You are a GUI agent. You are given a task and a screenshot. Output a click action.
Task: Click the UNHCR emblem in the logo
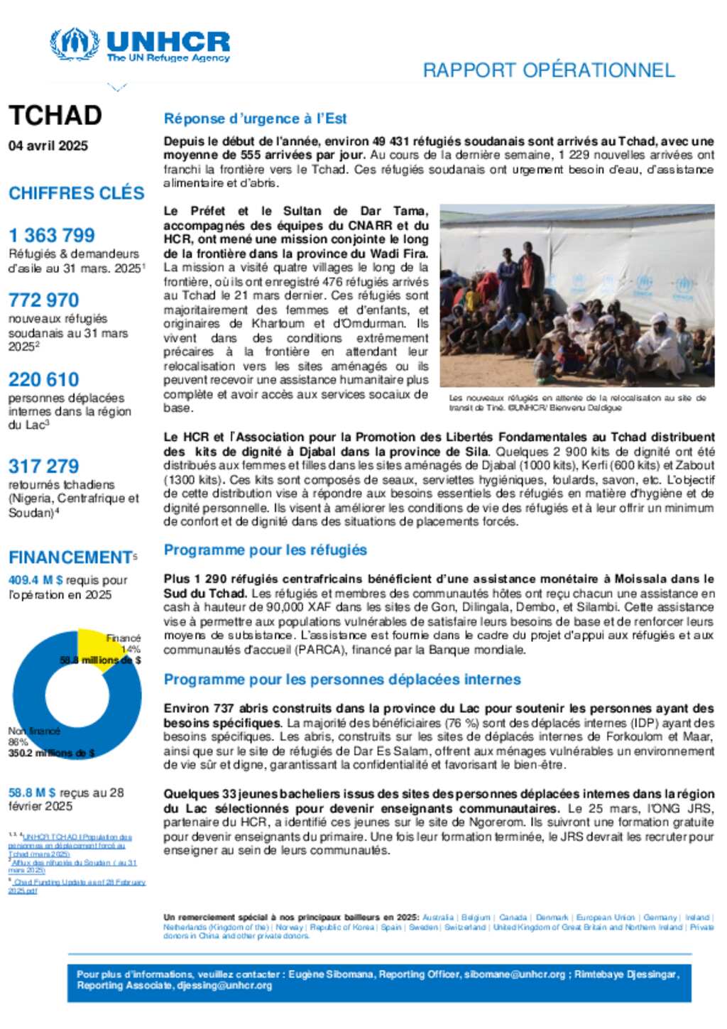74,45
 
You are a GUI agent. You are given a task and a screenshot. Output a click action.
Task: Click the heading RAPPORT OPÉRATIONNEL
548,70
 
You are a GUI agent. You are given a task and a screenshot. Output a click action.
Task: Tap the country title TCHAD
55,115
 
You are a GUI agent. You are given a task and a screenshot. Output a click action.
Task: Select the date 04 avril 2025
48,146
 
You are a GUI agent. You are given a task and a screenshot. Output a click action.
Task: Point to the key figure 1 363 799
52,235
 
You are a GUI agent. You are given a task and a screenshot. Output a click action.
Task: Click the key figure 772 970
44,300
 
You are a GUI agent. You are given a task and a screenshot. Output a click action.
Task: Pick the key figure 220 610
44,379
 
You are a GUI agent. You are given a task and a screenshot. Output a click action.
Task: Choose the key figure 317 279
44,466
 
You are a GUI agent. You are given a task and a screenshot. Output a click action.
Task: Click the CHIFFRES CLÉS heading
77,193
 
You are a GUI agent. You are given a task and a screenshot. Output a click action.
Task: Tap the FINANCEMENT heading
70,557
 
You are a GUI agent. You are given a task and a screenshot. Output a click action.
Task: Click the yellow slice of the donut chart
95,643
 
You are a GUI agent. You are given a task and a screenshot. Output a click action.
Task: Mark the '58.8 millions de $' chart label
100,660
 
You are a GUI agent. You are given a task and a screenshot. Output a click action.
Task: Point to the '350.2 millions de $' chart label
51,753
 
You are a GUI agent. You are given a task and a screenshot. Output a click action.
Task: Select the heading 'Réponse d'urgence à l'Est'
255,119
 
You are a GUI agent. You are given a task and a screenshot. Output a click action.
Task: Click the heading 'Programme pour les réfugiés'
265,550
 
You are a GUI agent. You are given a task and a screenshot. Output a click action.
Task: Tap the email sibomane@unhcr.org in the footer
515,974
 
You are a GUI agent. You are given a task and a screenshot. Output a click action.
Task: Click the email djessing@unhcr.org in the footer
224,986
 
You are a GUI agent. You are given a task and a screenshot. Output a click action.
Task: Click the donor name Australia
437,918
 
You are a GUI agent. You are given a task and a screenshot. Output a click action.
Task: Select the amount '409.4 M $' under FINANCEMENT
35,580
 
